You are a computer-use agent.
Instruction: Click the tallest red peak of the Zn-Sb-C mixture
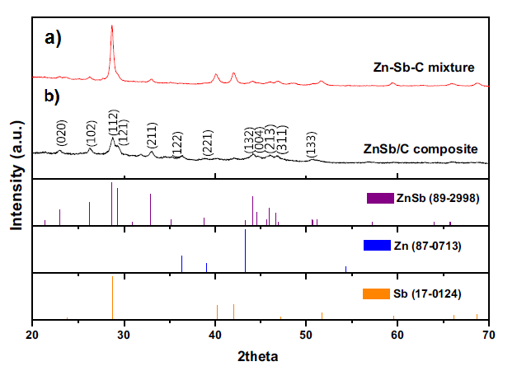click(112, 26)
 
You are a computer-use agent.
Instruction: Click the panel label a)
click(53, 38)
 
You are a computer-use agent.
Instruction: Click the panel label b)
click(52, 96)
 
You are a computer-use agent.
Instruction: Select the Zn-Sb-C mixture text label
click(424, 68)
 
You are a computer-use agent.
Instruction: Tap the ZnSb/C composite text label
click(421, 149)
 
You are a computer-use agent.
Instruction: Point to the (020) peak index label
click(62, 133)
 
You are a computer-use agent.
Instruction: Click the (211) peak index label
click(152, 135)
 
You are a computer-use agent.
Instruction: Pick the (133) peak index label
click(311, 144)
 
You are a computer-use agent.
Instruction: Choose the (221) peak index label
click(208, 143)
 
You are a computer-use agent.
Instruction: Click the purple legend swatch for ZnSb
click(380, 198)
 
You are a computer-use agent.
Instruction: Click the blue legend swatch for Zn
click(377, 245)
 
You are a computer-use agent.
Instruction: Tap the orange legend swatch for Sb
click(376, 294)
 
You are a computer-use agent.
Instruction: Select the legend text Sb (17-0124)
click(427, 294)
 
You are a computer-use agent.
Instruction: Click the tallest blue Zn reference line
click(246, 251)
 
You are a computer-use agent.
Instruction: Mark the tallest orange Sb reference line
click(112, 298)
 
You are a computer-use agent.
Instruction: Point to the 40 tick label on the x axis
click(215, 335)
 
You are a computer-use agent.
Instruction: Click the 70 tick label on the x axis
click(489, 335)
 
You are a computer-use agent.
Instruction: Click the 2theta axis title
click(258, 356)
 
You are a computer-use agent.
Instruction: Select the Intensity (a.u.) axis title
click(17, 176)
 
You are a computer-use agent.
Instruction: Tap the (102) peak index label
click(92, 134)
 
